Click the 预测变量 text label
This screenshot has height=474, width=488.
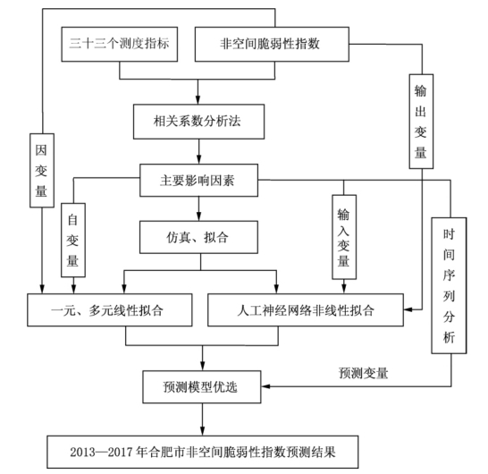click(364, 373)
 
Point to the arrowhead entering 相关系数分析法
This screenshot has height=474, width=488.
click(198, 99)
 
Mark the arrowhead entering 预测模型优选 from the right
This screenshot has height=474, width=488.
click(265, 386)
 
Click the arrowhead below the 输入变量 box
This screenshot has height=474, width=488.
click(344, 289)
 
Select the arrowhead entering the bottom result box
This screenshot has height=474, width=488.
click(203, 431)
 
